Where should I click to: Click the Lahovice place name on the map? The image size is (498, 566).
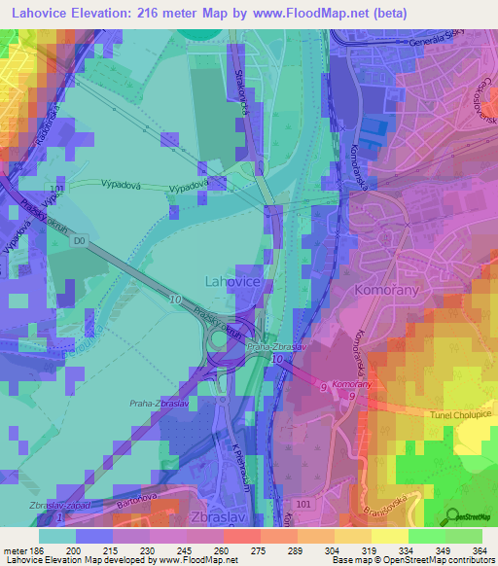231,281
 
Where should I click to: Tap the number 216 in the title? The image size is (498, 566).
160,13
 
